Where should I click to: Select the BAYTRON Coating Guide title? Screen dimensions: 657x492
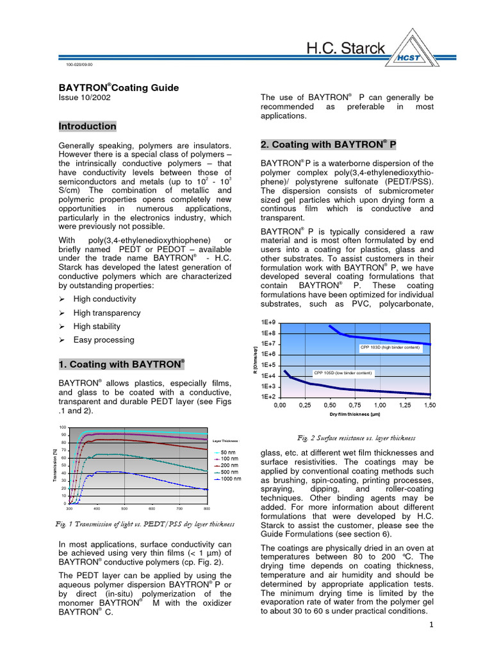coord(119,87)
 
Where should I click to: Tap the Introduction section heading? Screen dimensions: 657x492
coord(88,126)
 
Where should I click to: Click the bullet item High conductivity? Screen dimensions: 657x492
coord(104,299)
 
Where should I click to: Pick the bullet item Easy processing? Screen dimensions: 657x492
coord(104,340)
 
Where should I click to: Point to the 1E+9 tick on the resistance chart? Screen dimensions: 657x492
coord(268,322)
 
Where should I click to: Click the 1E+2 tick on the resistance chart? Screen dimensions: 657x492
coord(268,397)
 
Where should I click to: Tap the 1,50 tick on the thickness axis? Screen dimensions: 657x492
coord(429,406)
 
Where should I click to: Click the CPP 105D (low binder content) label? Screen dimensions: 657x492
coord(342,373)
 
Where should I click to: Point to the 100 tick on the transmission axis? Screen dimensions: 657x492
coord(62,427)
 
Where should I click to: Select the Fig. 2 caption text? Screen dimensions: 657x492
coord(356,438)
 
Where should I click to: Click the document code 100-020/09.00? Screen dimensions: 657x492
coord(79,65)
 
